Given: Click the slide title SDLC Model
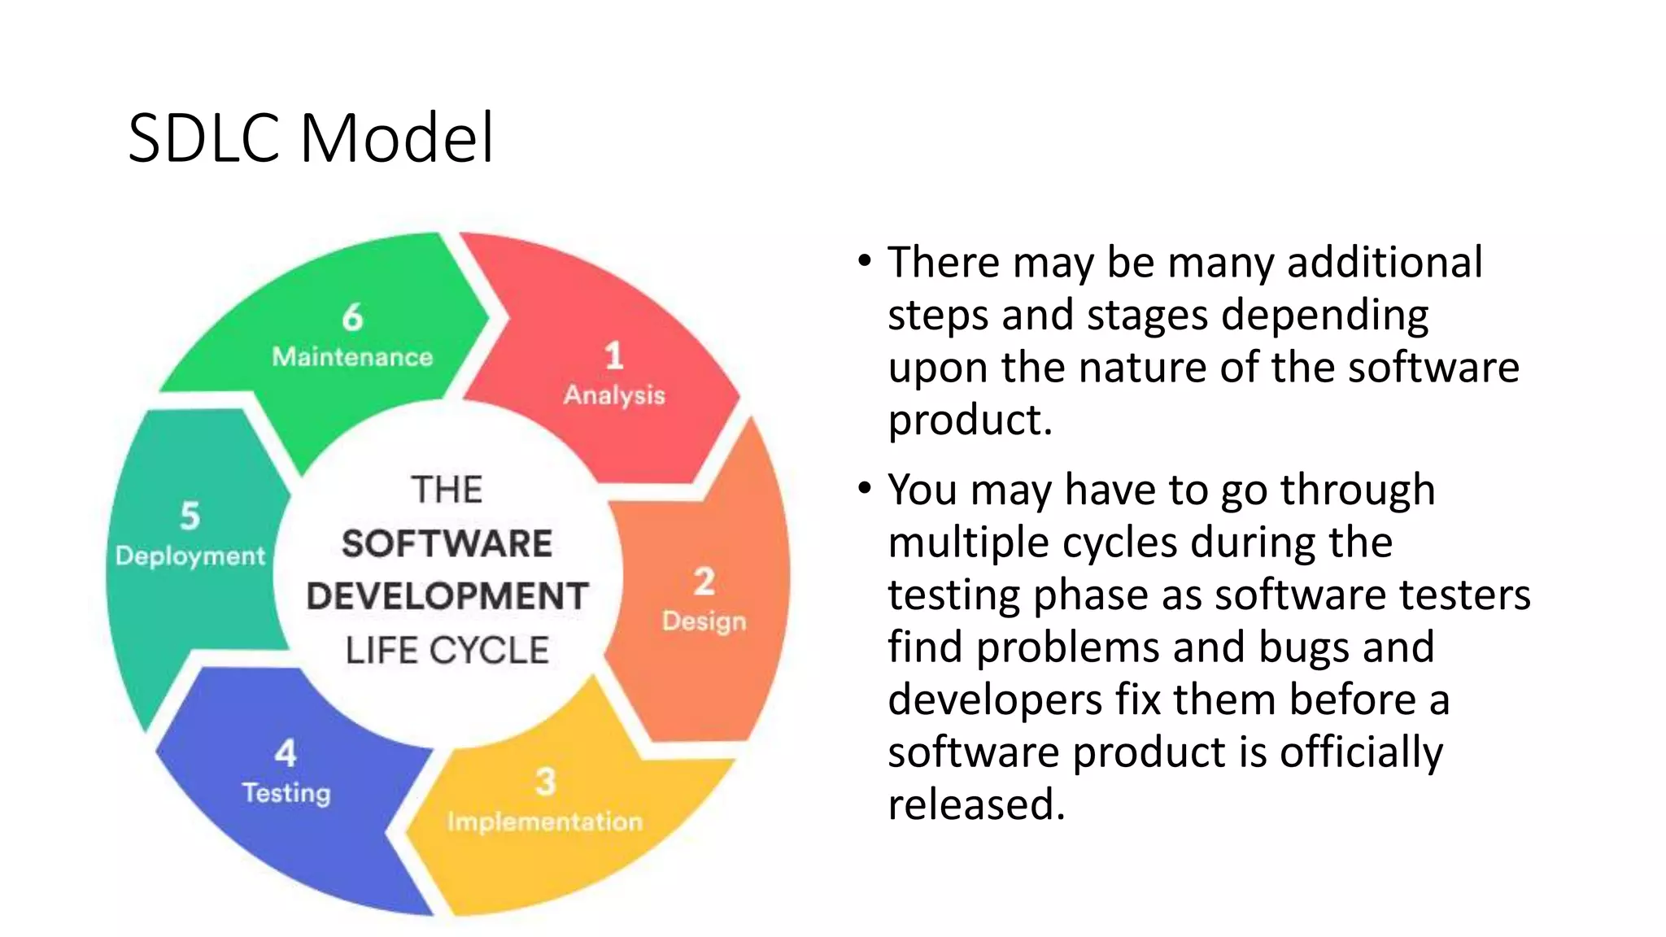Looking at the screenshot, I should click(x=311, y=138).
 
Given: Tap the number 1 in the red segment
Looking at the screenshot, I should click(x=614, y=355).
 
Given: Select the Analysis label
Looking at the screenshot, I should click(x=614, y=395).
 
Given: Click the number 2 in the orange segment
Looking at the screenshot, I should click(x=704, y=582).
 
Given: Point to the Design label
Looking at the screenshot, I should click(x=704, y=621).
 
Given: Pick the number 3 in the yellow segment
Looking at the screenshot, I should click(x=545, y=782).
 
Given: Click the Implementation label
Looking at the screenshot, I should click(x=545, y=822).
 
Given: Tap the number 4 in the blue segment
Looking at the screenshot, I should click(x=286, y=753).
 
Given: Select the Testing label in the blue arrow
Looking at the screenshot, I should click(x=286, y=793).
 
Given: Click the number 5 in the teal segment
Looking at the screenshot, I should click(x=190, y=516).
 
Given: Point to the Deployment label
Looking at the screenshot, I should click(x=190, y=556).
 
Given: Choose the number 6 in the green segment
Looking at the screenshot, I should click(x=352, y=317).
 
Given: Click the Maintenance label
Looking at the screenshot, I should click(x=352, y=357).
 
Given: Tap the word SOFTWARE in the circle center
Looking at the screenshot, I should click(x=447, y=543).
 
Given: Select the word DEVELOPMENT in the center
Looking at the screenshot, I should click(x=447, y=596).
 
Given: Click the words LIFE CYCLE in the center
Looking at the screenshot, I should click(x=447, y=651).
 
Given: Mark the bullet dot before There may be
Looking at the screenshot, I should click(x=865, y=262).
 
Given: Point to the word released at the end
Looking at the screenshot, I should click(x=975, y=804).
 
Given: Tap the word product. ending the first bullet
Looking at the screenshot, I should click(x=970, y=421).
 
